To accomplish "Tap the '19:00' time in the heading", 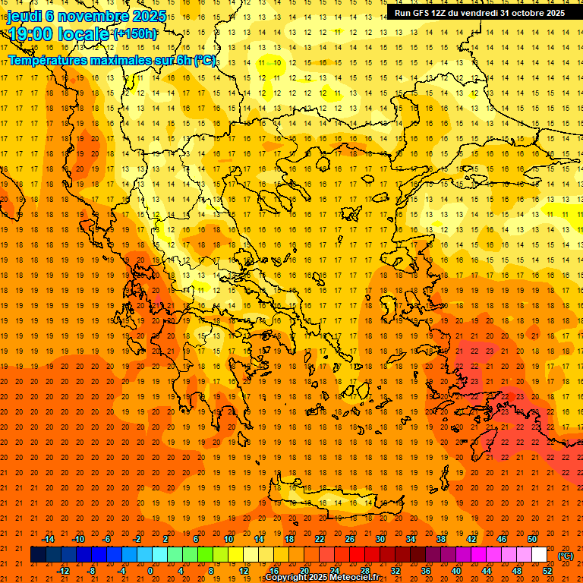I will coord(31,33).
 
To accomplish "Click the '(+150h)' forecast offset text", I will coord(135,33).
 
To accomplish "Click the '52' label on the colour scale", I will coord(547,570).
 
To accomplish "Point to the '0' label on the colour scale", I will coord(150,570).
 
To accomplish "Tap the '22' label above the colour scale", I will coord(320,539).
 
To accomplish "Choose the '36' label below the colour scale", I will coord(426,570).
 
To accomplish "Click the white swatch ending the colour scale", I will coord(539,555).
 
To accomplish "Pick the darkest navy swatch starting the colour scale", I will coord(38,555).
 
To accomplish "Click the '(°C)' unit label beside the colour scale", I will coord(566,556).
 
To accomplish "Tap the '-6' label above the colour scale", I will coord(107,539).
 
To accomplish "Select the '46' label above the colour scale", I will coord(502,539).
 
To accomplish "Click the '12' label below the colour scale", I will coord(244,570).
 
